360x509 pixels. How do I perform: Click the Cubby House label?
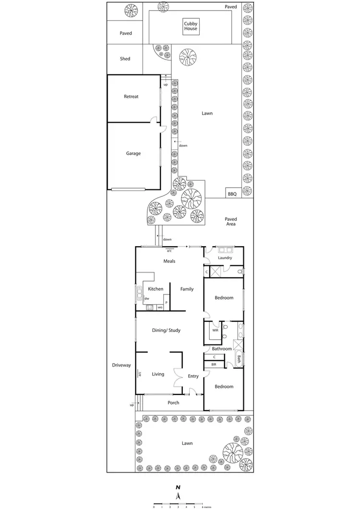pos(191,26)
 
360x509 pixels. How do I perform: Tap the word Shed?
pos(125,59)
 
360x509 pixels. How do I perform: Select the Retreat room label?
pos(131,96)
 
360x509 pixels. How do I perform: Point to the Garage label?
pos(133,154)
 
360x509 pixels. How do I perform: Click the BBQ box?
pos(232,194)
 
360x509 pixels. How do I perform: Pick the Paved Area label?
pos(231,222)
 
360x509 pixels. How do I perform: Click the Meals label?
pos(169,261)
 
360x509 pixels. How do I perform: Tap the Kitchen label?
pos(156,289)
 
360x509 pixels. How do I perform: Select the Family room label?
pos(187,289)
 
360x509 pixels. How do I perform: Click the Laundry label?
pos(225,258)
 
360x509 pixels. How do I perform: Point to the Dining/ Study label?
pos(166,330)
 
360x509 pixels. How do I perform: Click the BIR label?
pos(214,365)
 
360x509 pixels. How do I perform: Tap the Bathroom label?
pos(222,349)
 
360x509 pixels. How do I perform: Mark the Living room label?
pos(158,374)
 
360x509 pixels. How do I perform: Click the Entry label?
pos(193,377)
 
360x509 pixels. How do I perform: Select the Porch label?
pos(173,402)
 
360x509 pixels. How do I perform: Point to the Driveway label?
pos(121,365)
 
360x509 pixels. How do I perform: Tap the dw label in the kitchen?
pos(146,298)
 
